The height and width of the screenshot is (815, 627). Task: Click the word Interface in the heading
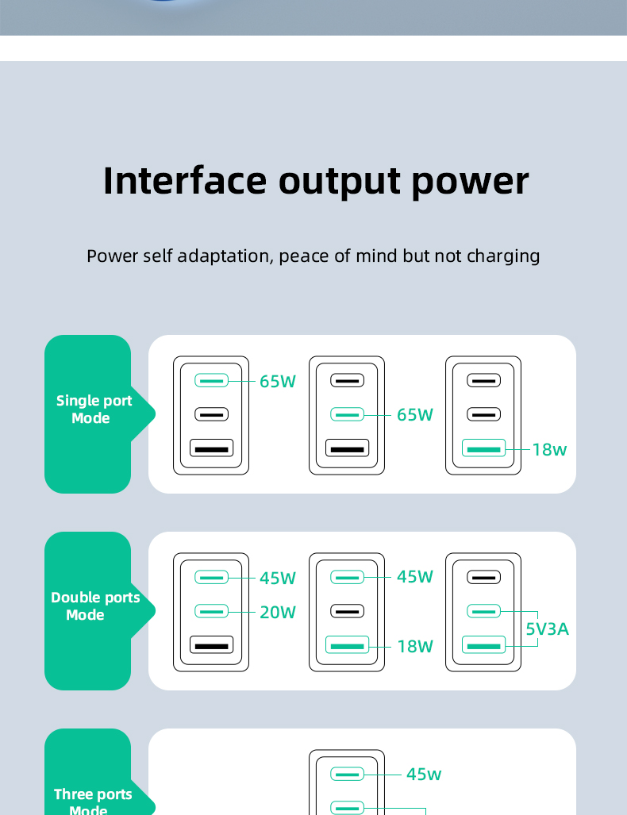coord(185,180)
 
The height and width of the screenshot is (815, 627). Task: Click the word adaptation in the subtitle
coord(224,256)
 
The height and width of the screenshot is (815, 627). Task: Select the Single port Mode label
coord(94,409)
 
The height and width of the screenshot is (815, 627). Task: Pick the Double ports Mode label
coord(94,606)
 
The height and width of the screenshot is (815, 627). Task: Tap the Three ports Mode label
coord(92,801)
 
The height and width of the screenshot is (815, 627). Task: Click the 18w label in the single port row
coord(549,449)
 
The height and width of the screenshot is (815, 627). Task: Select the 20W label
coord(278,612)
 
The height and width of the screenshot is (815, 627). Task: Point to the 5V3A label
coord(547,629)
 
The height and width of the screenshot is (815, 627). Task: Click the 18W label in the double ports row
coord(415,646)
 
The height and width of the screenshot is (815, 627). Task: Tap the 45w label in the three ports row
coord(424,774)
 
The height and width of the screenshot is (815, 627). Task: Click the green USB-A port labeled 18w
coord(483,448)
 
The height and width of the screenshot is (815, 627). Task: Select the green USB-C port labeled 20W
coord(211,611)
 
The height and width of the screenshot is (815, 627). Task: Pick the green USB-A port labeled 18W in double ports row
coord(347,645)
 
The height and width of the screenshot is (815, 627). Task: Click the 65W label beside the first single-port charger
coord(278,381)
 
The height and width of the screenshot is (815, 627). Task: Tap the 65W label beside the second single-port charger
coord(415,414)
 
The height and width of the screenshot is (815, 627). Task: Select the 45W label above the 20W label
coord(278,578)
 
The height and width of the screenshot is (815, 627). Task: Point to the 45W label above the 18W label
coord(415,576)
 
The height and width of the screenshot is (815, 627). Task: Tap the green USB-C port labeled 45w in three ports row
coord(347,774)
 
